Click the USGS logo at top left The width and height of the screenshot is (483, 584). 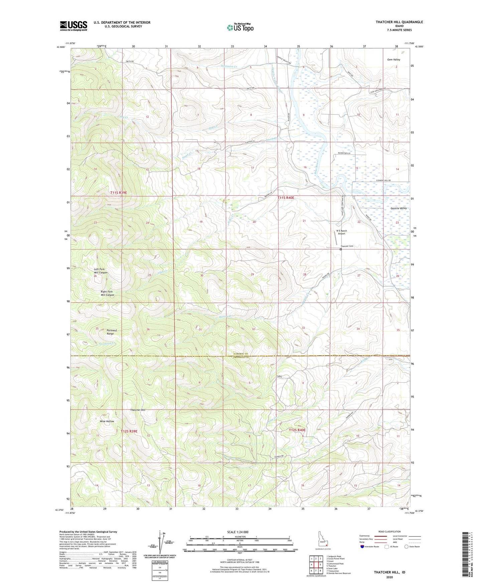click(x=74, y=26)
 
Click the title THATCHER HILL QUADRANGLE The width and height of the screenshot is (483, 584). click(x=399, y=22)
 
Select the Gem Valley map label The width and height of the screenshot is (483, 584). click(x=393, y=60)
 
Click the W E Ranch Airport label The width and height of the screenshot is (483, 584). click(x=341, y=232)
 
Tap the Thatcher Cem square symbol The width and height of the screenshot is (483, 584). click(x=341, y=249)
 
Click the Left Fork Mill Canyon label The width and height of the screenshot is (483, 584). click(x=101, y=271)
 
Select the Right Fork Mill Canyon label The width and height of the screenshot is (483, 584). click(x=107, y=293)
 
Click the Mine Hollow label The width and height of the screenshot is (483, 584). click(x=107, y=421)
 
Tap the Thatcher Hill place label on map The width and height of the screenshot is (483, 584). click(x=138, y=410)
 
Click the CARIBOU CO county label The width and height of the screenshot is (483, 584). click(x=240, y=354)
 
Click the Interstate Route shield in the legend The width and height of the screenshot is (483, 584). click(x=363, y=547)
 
